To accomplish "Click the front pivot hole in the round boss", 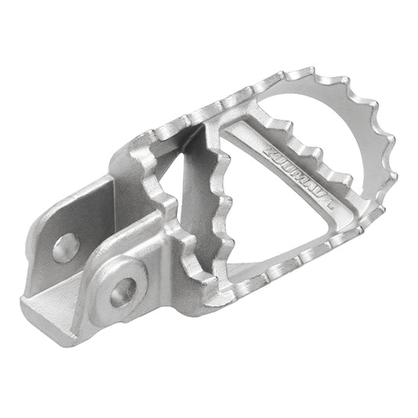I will pyautogui.click(x=122, y=292).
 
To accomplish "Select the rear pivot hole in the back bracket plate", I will pyautogui.click(x=66, y=247).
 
